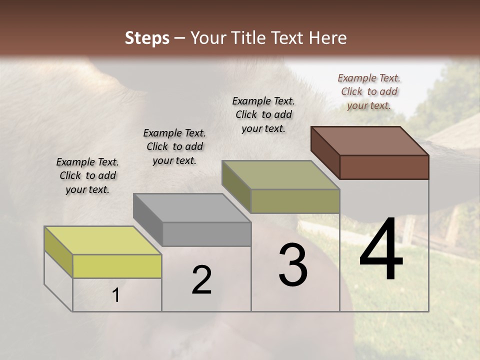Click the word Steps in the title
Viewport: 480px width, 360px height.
(147, 38)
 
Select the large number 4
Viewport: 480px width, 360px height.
(381, 250)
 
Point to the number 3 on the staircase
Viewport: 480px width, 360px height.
(293, 265)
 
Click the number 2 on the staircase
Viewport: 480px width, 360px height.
(201, 280)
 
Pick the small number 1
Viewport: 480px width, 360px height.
(116, 295)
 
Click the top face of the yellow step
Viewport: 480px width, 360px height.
(103, 240)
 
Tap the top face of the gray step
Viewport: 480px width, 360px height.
(192, 207)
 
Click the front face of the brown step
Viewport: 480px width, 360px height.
(384, 167)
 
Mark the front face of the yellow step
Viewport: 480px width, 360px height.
(117, 266)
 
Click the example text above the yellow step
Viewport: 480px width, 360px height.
(87, 176)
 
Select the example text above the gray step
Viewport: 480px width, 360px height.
(174, 146)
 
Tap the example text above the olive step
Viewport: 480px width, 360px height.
(263, 114)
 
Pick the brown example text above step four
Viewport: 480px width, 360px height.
(369, 91)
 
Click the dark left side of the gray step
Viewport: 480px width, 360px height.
(148, 219)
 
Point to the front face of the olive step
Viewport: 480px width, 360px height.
(295, 201)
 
